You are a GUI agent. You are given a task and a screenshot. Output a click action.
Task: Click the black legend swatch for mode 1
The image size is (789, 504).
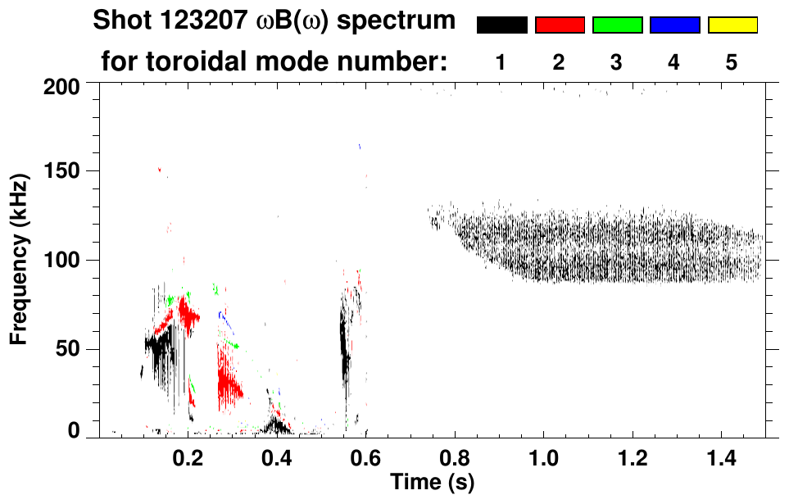[x=502, y=25]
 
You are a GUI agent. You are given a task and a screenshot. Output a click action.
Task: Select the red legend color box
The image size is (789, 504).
[x=560, y=25]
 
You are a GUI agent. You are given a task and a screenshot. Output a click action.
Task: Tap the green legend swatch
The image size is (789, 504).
[x=617, y=25]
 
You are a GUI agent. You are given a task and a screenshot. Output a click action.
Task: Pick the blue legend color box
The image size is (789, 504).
[x=674, y=25]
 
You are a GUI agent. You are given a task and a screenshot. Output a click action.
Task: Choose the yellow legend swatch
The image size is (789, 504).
[x=732, y=25]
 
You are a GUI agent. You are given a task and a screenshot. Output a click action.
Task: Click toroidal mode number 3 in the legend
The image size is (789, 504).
[x=616, y=62]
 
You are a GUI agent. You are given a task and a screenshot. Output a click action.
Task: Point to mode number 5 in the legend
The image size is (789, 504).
[x=732, y=62]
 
